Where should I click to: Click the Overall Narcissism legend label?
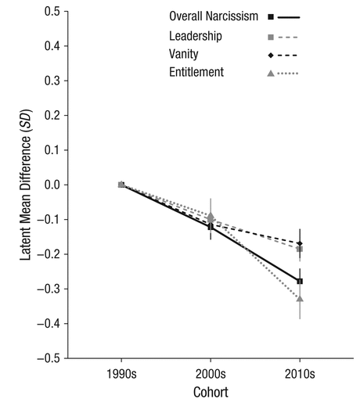point(214,16)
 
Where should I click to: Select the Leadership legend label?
point(196,36)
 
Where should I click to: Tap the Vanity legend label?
point(183,54)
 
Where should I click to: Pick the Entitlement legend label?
point(196,72)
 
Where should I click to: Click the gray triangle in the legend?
point(271,74)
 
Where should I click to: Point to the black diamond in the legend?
point(271,56)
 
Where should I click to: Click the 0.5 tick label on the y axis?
point(52,11)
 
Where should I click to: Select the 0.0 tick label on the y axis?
point(52,185)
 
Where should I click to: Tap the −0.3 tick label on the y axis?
point(49,289)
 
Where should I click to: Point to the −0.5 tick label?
point(49,358)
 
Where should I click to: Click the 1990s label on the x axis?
point(121,374)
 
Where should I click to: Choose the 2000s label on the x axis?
point(211,374)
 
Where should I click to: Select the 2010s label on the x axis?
point(300,374)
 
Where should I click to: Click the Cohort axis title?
point(211,392)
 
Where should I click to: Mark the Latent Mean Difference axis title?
point(26,185)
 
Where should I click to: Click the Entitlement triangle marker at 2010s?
point(300,299)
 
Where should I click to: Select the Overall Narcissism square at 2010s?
point(300,282)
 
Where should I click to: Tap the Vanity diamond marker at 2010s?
point(300,243)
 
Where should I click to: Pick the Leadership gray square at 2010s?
point(300,250)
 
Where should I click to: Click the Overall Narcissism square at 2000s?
point(211,227)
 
